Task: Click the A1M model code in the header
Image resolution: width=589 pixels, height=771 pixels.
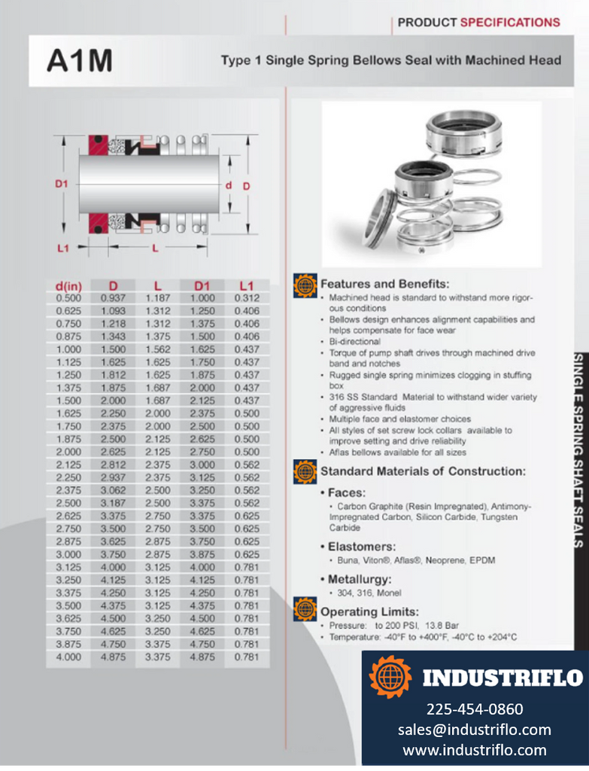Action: coord(79,60)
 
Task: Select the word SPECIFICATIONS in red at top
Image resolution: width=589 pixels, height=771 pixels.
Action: coord(510,22)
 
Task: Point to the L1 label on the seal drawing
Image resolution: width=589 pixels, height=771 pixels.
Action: coord(63,247)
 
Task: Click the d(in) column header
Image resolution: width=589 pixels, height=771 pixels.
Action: coord(68,285)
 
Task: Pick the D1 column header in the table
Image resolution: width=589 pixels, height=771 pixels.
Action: coord(202,285)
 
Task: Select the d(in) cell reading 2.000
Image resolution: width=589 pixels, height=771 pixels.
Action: coord(68,452)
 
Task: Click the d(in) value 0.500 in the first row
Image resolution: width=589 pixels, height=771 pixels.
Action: coord(68,298)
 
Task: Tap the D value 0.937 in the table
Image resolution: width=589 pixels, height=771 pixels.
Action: coord(114,298)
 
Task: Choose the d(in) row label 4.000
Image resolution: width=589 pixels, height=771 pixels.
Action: coord(68,657)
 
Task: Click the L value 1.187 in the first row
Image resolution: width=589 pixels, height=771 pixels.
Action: coord(157,298)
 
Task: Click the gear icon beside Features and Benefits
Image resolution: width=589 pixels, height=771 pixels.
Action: coord(305,285)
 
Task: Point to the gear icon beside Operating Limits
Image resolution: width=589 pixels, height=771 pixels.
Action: coord(305,608)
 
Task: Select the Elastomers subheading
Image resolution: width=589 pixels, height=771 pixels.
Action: coord(361,546)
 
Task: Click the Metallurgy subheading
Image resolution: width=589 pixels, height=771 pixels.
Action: coord(360,579)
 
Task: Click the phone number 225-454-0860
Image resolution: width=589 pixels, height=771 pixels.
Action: coord(475,709)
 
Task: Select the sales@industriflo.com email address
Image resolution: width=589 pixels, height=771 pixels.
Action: coord(475,730)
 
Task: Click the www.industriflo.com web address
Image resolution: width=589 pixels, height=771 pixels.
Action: coord(475,750)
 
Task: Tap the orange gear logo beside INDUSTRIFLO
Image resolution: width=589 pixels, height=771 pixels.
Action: coord(390,677)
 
